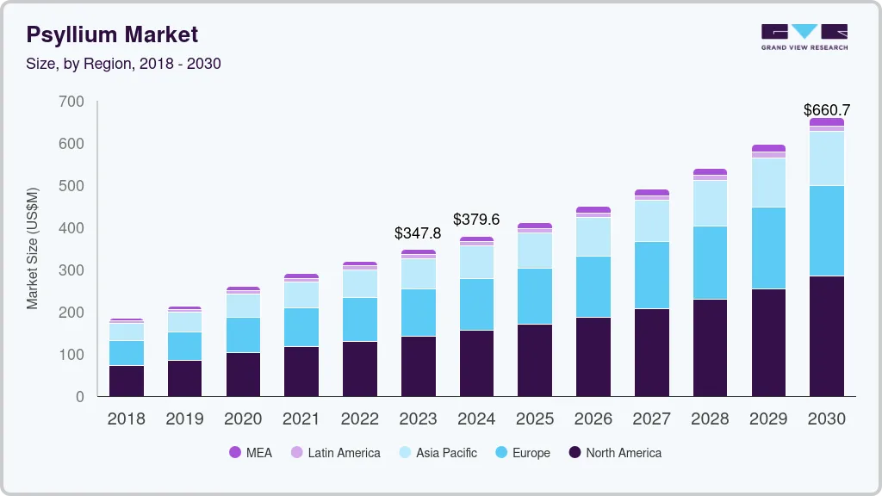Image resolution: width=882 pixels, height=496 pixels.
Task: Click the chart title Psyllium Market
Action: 112,34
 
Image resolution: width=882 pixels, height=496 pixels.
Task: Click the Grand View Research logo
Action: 804,36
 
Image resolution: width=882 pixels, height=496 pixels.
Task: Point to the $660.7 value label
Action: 826,110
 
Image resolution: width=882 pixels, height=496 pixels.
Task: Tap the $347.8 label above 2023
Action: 418,233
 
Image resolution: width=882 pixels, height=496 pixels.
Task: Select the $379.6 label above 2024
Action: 476,220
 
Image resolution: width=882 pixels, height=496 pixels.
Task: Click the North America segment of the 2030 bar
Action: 826,336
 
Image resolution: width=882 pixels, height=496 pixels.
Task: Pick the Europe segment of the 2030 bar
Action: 826,231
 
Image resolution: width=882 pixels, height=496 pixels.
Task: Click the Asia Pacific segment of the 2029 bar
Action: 768,183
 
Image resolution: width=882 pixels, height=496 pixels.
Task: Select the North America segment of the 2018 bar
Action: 126,381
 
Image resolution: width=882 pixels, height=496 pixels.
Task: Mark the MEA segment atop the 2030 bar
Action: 826,122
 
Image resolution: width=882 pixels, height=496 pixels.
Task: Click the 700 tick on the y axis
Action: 72,102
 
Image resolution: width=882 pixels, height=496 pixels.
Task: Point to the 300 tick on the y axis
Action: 72,270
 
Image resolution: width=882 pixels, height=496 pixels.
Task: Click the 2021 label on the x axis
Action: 301,419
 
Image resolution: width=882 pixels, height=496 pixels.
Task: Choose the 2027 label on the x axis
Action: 652,419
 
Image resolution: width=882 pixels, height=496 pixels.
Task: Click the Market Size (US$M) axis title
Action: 33,247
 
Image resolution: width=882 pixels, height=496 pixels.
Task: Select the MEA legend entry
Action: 251,453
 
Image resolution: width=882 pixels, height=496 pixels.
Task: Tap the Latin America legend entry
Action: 335,453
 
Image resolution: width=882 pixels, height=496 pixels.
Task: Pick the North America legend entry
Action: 615,453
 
